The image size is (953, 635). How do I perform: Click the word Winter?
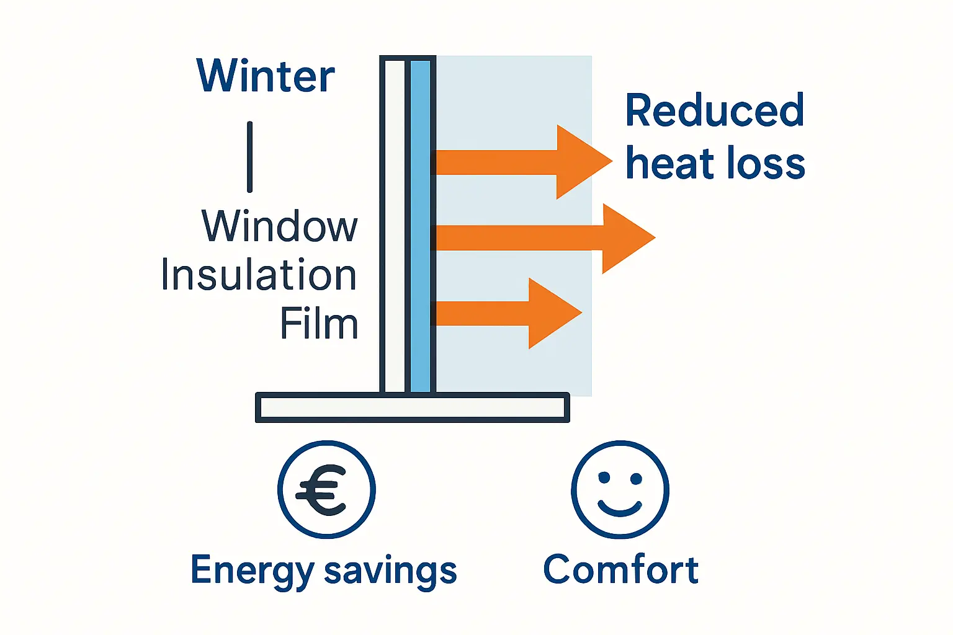point(266,76)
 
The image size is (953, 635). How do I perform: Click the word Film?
point(319,324)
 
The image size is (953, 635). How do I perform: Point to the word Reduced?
point(714,110)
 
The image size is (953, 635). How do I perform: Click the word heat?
point(669,164)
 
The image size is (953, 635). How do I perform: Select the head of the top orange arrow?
point(581,161)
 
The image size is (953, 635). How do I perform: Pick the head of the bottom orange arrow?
point(552,313)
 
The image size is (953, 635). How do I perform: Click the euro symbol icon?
point(326,490)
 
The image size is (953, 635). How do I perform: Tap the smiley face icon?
point(620,490)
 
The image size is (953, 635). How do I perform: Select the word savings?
point(390,571)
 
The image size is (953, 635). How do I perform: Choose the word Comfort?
point(620,569)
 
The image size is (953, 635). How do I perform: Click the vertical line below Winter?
point(249,156)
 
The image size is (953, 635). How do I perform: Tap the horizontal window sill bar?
point(412,407)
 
